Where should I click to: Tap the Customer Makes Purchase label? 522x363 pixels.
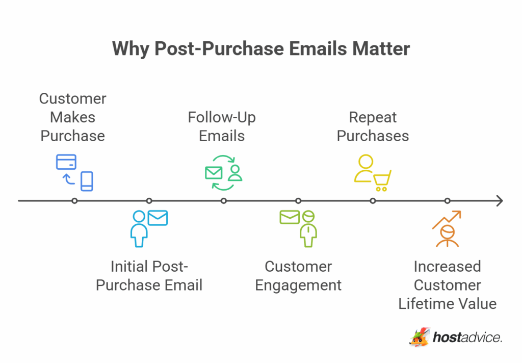click(x=73, y=117)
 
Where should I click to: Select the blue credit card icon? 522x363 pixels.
click(x=66, y=162)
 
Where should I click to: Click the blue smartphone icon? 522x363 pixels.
click(x=87, y=181)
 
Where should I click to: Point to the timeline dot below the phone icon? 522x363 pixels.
click(x=74, y=201)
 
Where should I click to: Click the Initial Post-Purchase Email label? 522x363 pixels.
click(x=149, y=275)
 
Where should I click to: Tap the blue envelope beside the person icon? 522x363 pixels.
click(x=158, y=218)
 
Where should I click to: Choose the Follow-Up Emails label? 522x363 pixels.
click(x=222, y=126)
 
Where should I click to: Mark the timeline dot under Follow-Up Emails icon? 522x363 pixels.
click(x=223, y=201)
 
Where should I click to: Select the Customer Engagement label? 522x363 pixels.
click(x=298, y=275)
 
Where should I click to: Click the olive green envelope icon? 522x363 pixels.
click(x=289, y=217)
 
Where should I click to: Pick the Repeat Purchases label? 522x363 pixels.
click(x=373, y=126)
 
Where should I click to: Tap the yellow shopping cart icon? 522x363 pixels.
click(x=382, y=180)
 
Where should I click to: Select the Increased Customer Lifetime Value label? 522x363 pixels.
click(x=447, y=285)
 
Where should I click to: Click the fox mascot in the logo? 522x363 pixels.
click(x=420, y=337)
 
